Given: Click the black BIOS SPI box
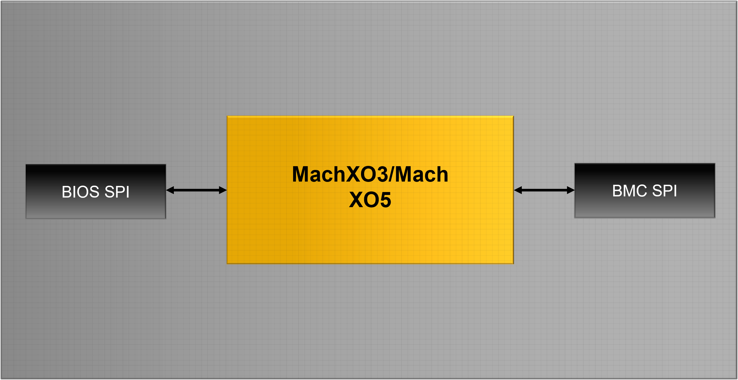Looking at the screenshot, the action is pos(96,191).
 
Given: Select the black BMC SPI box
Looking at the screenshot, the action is pos(645,191).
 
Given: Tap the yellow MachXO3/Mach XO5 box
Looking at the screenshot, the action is pos(370,190).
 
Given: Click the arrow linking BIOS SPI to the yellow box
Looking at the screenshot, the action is pos(196,190).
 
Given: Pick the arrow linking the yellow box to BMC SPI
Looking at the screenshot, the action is pos(544,190).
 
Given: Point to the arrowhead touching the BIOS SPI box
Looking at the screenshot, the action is pos(170,190).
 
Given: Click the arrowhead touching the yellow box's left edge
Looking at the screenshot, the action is pos(223,190).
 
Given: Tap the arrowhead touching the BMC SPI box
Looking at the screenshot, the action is pos(571,190).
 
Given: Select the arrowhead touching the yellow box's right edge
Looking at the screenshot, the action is pos(518,190).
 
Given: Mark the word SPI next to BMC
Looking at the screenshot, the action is pos(665,191).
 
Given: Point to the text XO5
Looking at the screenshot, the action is pos(370,200).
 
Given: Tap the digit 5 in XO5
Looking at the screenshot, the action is pos(385,200).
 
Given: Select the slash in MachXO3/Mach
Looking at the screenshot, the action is pos(391,174).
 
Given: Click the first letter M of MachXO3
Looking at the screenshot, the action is pos(300,174).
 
